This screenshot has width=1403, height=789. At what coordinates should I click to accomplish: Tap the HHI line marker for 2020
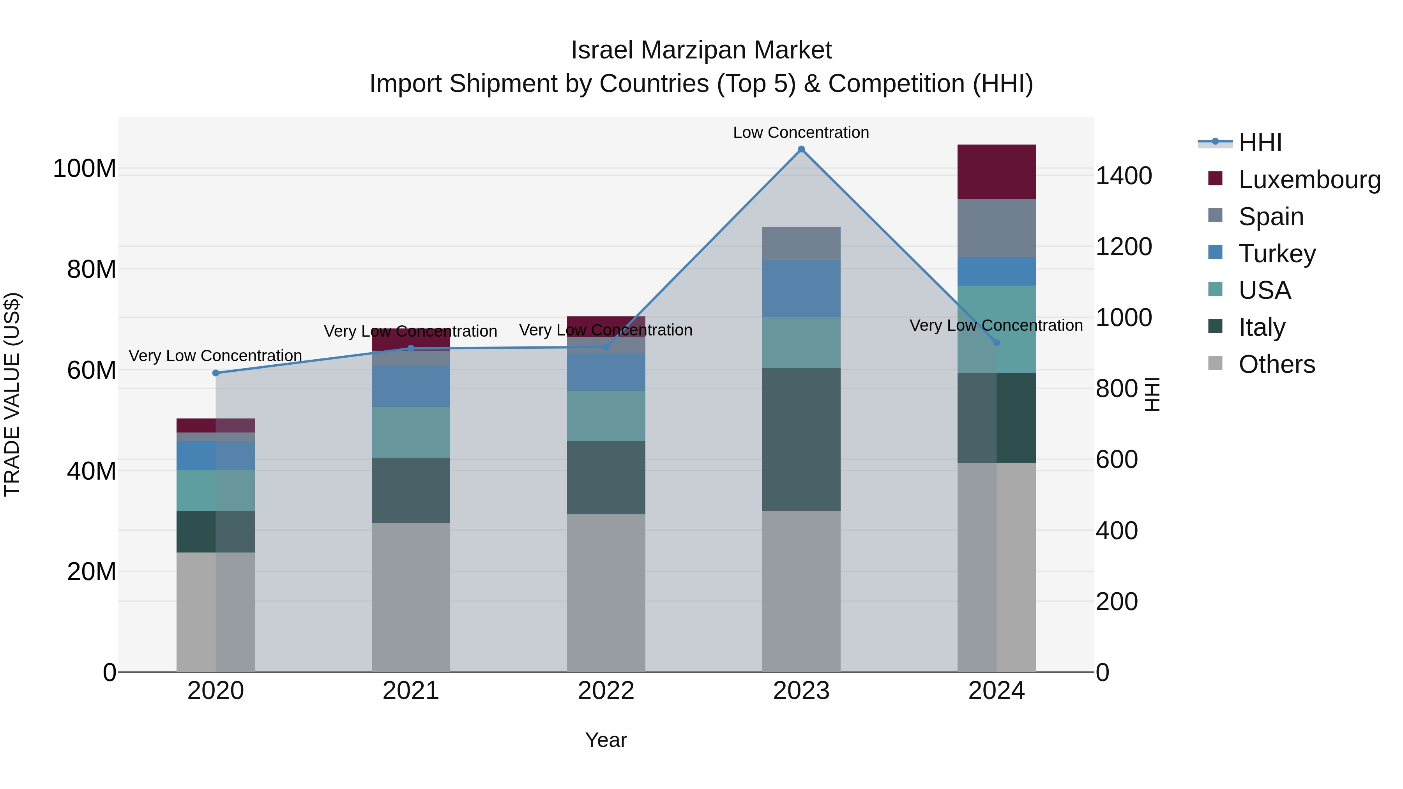216,373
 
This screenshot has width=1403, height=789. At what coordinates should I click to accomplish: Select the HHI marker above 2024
996,342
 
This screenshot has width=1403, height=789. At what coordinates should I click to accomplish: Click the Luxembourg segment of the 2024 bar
996,172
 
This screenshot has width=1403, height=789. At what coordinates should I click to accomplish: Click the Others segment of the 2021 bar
411,597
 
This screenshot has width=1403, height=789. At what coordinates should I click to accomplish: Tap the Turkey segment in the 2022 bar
606,372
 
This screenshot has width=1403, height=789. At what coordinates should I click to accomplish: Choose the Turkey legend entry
1277,254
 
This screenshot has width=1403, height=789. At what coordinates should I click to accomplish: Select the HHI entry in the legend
1260,143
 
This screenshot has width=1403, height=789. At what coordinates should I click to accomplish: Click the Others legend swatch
1215,363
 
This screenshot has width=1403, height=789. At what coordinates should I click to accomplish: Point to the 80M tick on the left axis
92,270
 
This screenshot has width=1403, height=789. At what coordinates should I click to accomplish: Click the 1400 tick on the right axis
1123,176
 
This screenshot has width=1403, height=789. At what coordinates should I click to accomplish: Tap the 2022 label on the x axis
606,691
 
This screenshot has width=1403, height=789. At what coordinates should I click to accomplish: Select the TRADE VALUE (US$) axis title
12,394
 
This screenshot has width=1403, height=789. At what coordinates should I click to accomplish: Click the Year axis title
606,740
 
